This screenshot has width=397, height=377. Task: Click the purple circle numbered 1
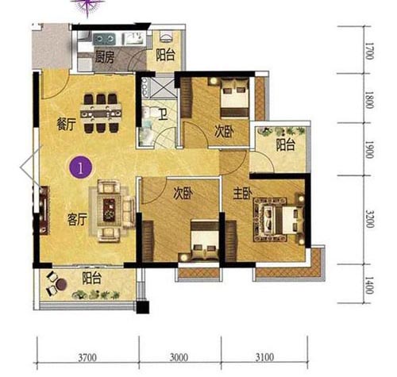(x=80, y=167)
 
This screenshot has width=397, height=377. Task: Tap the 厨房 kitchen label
(x=105, y=57)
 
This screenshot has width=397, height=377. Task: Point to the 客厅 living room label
(x=77, y=219)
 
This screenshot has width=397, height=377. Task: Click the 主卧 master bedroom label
(x=242, y=194)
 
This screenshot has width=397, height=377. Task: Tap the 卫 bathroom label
(x=164, y=114)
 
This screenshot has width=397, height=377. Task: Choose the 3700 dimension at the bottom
(x=87, y=357)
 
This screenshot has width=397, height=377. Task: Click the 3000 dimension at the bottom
(x=179, y=357)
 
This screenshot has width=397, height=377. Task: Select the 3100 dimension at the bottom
(x=264, y=357)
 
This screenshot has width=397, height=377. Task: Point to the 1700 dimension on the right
(x=369, y=51)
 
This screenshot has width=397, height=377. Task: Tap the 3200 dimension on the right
(x=369, y=219)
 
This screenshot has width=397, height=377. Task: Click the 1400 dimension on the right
(x=369, y=286)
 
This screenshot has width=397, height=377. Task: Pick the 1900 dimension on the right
(x=369, y=150)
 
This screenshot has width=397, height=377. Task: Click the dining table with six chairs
(x=101, y=113)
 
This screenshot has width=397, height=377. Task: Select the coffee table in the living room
(x=109, y=210)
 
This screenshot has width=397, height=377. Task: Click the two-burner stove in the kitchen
(x=105, y=39)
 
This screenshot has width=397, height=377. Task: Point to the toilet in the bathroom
(x=145, y=114)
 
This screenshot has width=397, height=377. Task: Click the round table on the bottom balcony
(x=61, y=284)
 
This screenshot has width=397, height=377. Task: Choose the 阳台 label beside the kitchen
(x=165, y=56)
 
